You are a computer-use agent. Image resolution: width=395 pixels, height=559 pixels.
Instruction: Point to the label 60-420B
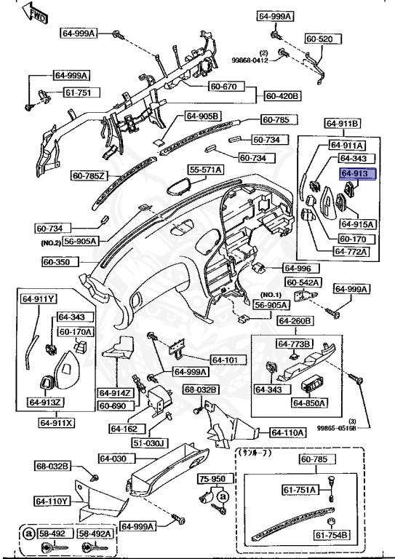[x=283, y=95]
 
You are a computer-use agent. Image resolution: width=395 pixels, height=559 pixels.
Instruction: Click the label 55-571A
[x=206, y=170]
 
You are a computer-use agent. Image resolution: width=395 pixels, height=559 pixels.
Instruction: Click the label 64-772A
[x=351, y=251]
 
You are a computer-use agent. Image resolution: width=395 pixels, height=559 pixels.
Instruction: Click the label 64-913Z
[x=44, y=401]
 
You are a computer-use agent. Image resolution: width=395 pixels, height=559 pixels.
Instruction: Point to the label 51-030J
[x=150, y=443]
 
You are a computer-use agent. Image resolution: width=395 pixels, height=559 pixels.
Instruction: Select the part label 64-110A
[x=288, y=432]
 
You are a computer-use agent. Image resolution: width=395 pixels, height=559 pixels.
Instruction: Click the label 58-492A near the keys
[x=95, y=534]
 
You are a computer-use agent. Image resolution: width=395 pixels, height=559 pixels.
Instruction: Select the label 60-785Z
[x=89, y=175]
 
